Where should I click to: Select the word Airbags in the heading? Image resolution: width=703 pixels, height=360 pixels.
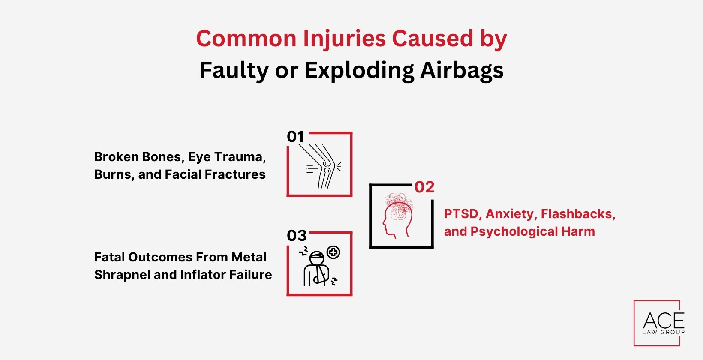(462, 70)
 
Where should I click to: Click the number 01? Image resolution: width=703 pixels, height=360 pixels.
(295, 137)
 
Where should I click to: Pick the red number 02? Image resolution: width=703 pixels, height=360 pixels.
(424, 187)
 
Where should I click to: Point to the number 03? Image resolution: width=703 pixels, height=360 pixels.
(297, 236)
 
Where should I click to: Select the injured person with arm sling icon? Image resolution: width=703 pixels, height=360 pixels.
(316, 268)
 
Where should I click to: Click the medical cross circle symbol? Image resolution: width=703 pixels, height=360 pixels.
(333, 252)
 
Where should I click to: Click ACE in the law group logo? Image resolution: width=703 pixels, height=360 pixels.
(663, 321)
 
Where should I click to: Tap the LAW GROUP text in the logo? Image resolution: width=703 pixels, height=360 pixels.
(663, 332)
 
